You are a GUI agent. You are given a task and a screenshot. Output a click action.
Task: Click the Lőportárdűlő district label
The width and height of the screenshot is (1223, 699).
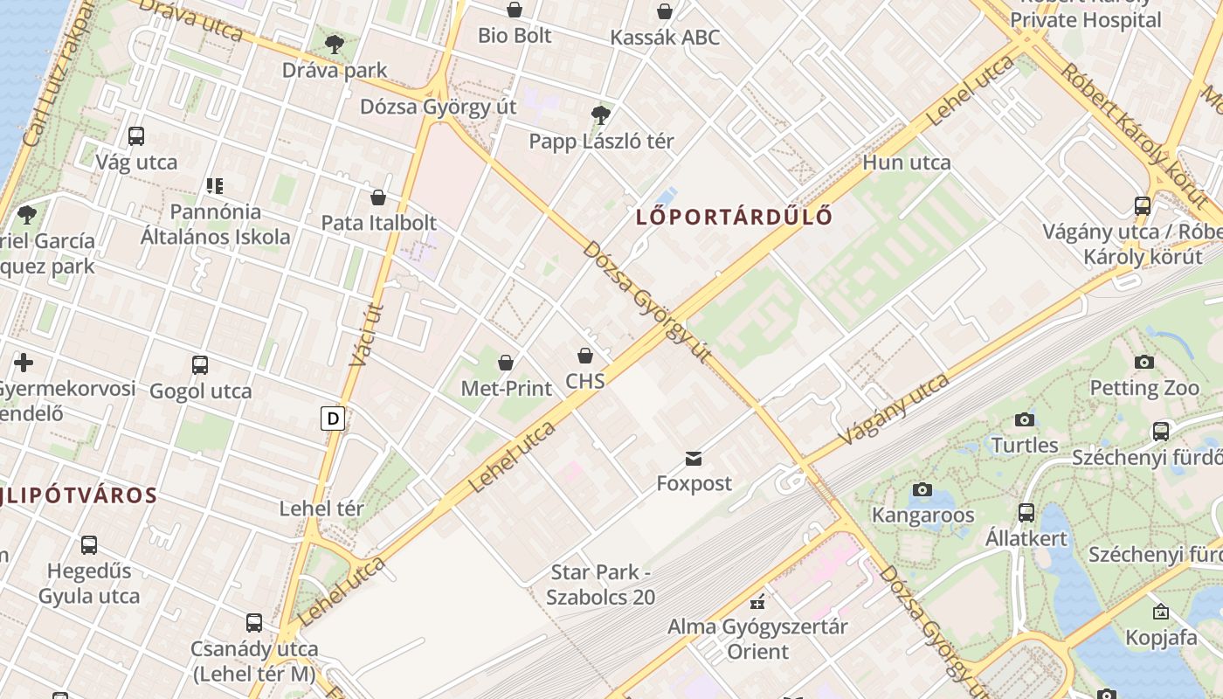(x=734, y=217)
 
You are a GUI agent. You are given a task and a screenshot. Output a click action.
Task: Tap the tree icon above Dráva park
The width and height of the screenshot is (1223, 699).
(x=334, y=44)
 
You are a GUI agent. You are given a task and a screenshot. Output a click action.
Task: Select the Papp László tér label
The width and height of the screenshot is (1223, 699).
(x=601, y=141)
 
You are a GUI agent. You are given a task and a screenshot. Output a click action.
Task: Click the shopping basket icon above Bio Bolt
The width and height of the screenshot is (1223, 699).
(x=515, y=10)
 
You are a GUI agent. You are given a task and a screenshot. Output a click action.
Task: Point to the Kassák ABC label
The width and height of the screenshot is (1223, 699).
(x=665, y=38)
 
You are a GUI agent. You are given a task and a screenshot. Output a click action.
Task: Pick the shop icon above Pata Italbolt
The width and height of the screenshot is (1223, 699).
(x=378, y=197)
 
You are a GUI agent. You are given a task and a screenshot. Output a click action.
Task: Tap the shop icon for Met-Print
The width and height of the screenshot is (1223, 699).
(x=506, y=362)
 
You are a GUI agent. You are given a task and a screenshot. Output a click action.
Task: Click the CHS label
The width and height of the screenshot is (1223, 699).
(x=585, y=381)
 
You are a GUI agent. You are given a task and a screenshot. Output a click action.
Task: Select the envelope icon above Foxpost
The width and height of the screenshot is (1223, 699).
(x=694, y=458)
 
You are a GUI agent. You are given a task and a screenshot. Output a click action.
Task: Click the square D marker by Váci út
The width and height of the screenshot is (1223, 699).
(x=332, y=419)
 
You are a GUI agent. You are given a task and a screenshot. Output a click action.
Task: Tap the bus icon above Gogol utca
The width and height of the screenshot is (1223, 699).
(x=200, y=364)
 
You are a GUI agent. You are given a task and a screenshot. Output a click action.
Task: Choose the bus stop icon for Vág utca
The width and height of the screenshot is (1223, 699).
(x=136, y=135)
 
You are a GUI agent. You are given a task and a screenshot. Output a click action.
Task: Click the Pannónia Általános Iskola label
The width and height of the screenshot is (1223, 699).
(x=216, y=224)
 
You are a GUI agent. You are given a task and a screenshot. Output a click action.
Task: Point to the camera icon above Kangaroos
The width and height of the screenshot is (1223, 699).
(x=922, y=489)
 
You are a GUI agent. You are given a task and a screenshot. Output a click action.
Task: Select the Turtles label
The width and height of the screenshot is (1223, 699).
(x=1025, y=445)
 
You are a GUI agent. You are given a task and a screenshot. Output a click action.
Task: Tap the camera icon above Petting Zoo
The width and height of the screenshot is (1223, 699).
(x=1144, y=362)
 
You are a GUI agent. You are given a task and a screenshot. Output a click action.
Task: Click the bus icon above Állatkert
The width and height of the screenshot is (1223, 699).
(x=1026, y=512)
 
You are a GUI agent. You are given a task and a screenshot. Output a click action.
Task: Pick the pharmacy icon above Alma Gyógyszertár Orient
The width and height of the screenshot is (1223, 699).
(x=757, y=601)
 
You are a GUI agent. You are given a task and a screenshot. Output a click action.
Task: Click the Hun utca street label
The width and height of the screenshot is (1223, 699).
(x=907, y=162)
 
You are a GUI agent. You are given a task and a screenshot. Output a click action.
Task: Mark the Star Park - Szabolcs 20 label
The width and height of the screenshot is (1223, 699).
(x=601, y=585)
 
